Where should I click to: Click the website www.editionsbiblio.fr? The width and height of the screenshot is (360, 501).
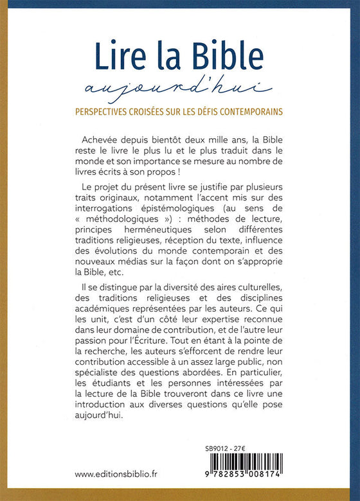[x=125, y=475]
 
